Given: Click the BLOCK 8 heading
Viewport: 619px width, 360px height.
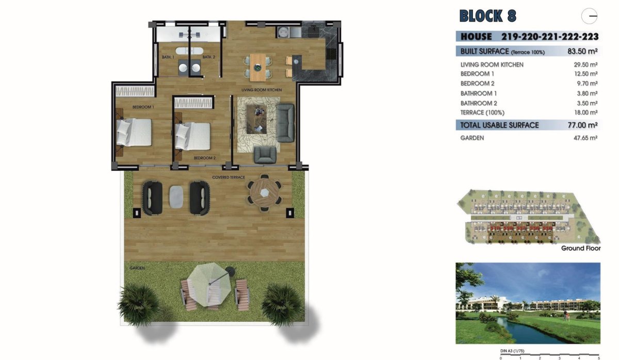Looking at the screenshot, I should point(487,16).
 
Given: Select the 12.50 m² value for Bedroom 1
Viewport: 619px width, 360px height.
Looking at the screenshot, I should point(586,74).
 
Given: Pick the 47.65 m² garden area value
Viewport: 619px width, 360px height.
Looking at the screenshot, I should point(586,138).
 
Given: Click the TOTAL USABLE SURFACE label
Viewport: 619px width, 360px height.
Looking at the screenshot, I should point(499,125).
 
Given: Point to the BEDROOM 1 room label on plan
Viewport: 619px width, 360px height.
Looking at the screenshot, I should point(143,107).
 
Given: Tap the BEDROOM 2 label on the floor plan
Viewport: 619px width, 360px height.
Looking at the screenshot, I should point(204,158).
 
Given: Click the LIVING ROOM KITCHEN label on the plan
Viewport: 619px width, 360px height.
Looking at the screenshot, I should point(262,90).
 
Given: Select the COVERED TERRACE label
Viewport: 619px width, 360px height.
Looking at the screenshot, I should point(229,177).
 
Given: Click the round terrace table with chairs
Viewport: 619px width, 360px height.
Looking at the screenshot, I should point(264,192).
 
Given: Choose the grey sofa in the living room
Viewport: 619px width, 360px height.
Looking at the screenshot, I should point(285,123).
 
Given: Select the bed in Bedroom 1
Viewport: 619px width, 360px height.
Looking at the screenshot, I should point(134,132).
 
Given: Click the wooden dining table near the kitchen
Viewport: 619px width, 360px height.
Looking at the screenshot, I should point(257,67).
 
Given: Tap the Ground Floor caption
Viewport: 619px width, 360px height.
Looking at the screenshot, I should point(580,248).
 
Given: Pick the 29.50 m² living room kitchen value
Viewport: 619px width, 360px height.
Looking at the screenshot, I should point(586,65).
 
